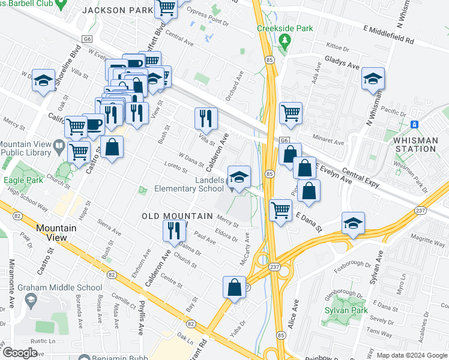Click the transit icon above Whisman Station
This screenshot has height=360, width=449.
414,124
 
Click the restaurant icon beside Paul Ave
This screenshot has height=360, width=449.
173,230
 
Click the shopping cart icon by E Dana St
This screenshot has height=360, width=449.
280,210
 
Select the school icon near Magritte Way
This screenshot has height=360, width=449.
352,223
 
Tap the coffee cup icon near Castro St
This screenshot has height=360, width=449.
93,124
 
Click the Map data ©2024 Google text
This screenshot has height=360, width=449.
411,355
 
